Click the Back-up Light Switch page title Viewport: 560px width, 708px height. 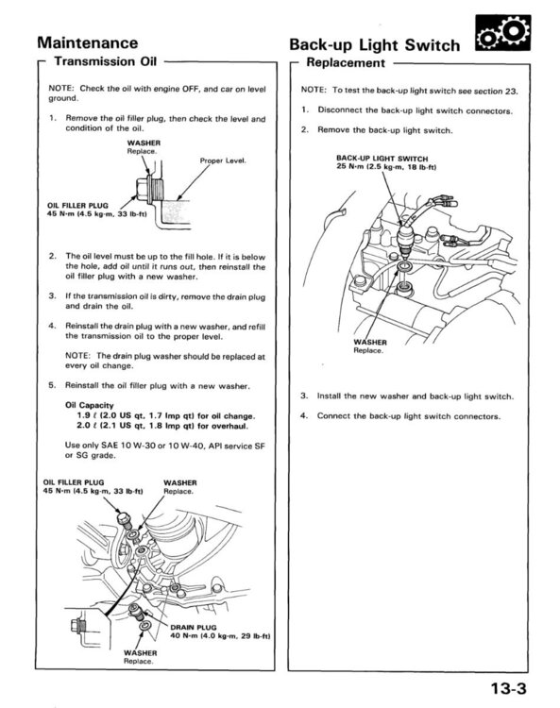pos(374,44)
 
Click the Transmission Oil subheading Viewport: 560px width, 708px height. pos(105,62)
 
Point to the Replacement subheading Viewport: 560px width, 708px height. pos(347,63)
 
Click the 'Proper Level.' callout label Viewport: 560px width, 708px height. pos(223,160)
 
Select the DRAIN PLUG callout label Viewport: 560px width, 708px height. pos(192,626)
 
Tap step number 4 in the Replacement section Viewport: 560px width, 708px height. pos(304,415)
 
